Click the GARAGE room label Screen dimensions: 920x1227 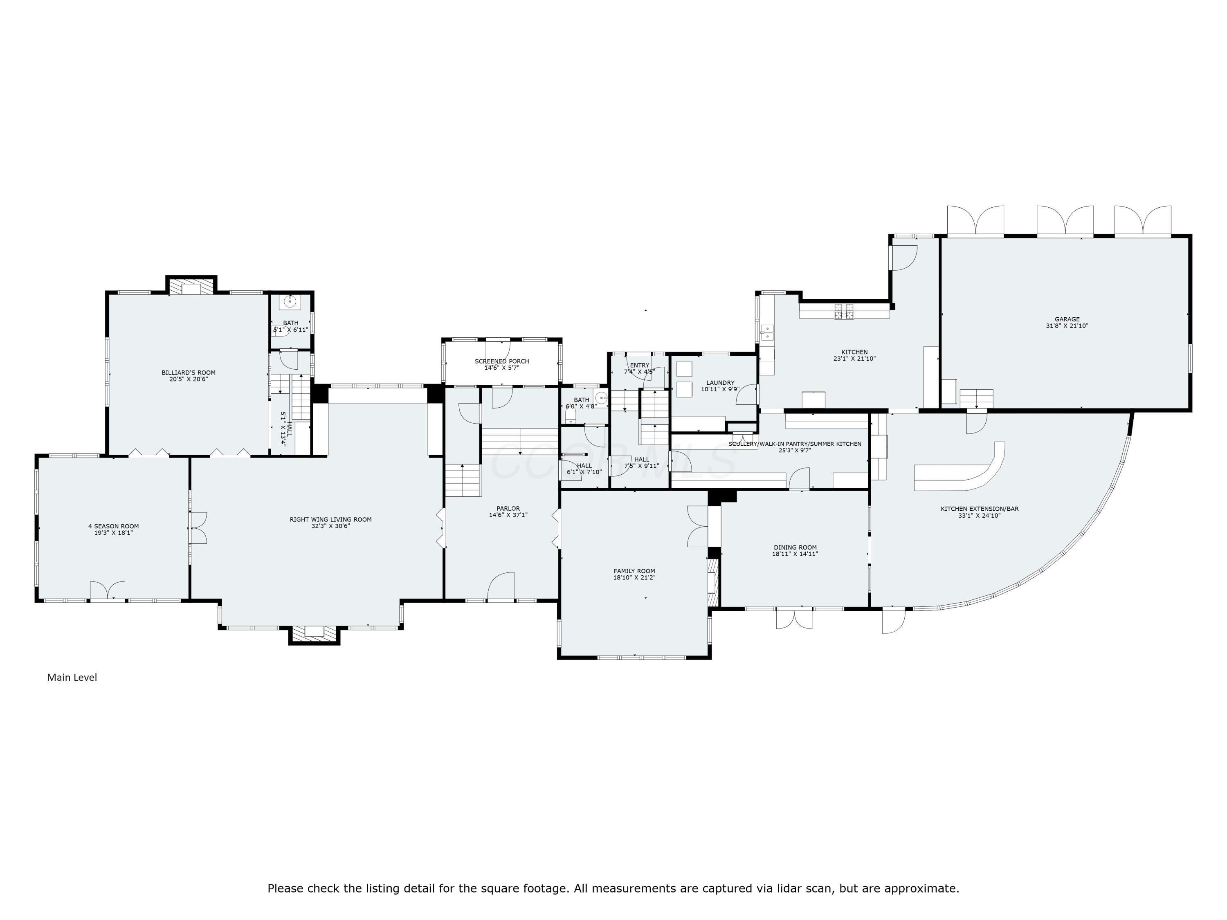[x=1067, y=319]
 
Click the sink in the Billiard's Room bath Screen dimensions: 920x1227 [x=289, y=301]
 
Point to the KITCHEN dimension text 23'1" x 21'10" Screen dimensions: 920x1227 [x=854, y=359]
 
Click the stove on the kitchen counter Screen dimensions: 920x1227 [x=844, y=312]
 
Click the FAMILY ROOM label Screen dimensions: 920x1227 [x=634, y=571]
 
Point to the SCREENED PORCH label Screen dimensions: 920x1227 [x=501, y=361]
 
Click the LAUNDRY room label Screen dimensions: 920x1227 [x=720, y=383]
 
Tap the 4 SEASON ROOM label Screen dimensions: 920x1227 [x=113, y=526]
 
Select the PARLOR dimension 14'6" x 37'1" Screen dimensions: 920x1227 [x=508, y=515]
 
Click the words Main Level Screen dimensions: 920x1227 [x=72, y=677]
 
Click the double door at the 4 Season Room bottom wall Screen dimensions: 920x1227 [x=108, y=590]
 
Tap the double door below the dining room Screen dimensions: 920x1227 [x=794, y=618]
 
